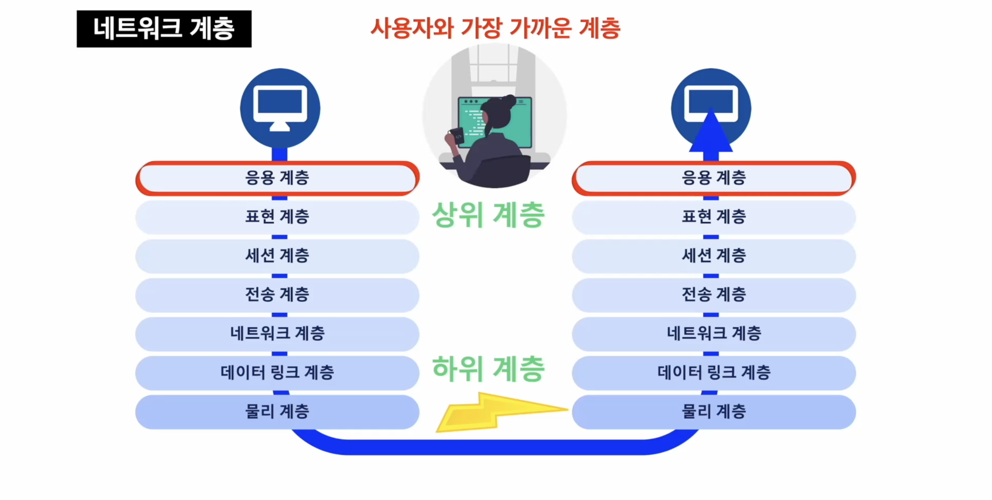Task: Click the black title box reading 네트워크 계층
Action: click(x=164, y=29)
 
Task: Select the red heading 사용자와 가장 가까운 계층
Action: click(x=495, y=28)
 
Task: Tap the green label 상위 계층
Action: click(x=488, y=215)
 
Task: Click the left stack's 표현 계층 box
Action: click(x=277, y=217)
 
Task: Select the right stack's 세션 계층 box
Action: click(x=714, y=256)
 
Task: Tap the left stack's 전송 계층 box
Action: click(x=277, y=295)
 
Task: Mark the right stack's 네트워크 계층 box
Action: click(x=714, y=334)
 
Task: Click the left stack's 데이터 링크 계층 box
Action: click(x=277, y=373)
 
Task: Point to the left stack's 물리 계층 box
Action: click(x=277, y=412)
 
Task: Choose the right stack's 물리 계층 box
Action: click(x=714, y=412)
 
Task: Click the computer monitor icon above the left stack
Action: click(x=280, y=108)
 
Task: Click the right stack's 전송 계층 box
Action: click(x=714, y=295)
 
